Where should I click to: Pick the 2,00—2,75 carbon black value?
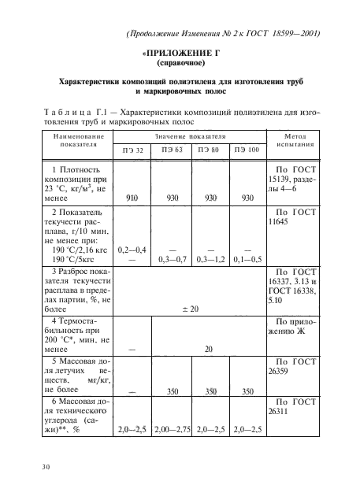[x=173, y=429]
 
